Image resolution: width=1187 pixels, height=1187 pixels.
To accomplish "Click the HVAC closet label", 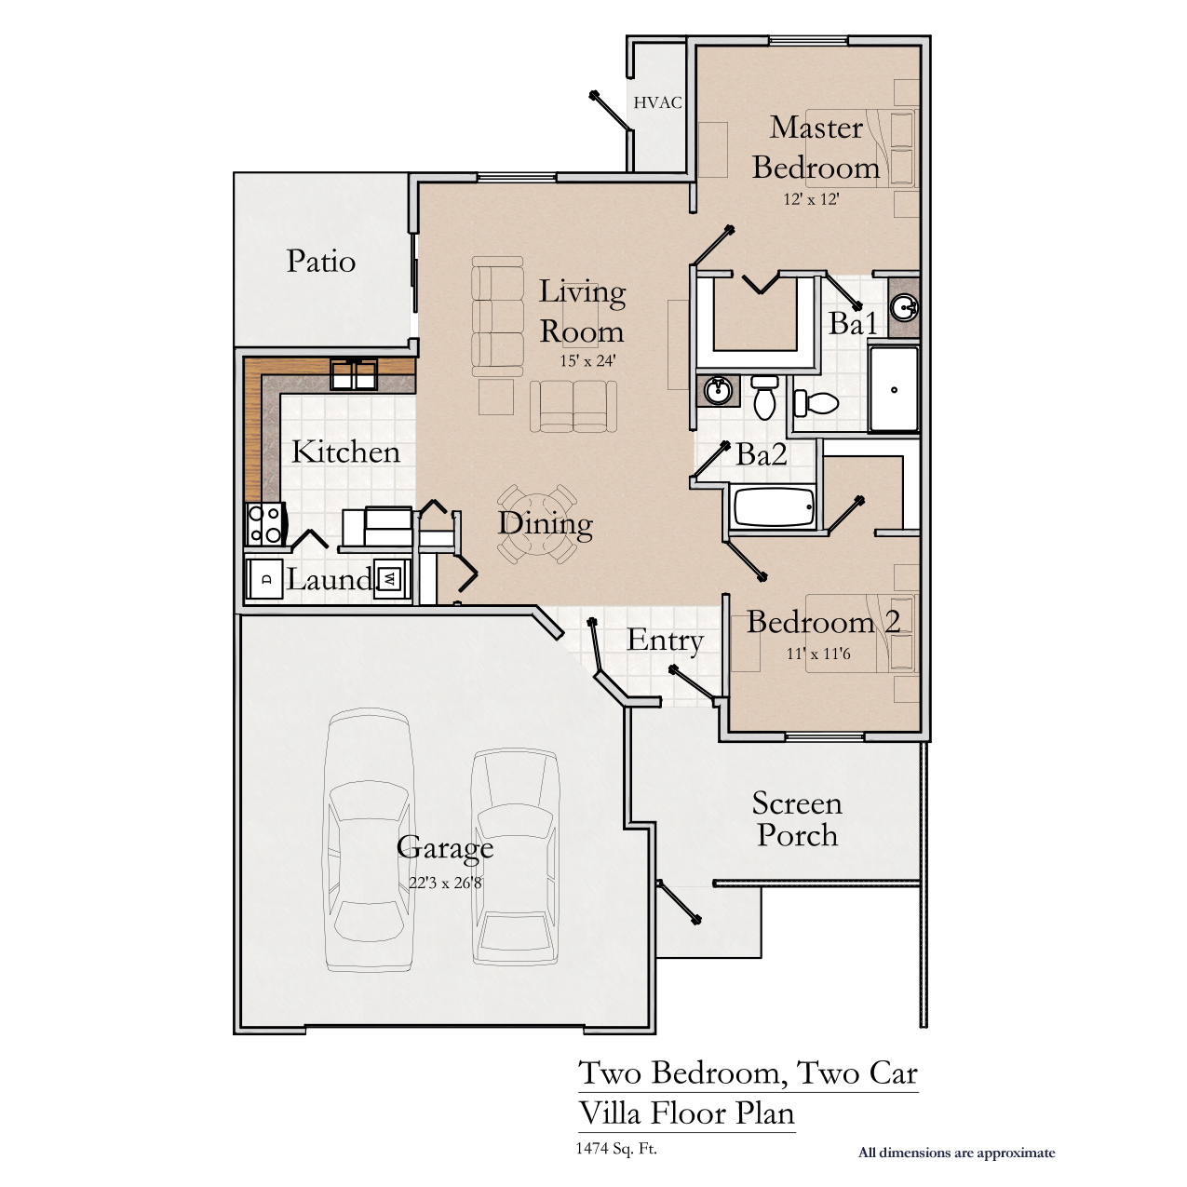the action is [657, 102].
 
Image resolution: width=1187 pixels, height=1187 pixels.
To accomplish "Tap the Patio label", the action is [321, 261].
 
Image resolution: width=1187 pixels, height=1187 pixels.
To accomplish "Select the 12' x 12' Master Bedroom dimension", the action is [812, 199].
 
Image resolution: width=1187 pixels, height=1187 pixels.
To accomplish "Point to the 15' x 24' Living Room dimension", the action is [587, 360].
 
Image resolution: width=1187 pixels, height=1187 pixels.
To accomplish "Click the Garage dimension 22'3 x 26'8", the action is [445, 882].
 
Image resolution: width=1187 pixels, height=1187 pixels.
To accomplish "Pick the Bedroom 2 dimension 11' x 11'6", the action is [818, 653].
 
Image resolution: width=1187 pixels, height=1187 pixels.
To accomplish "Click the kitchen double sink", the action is [354, 374].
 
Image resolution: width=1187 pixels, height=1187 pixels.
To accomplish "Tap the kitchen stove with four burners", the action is [265, 523].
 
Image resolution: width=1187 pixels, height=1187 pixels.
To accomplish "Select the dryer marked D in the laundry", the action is [265, 579].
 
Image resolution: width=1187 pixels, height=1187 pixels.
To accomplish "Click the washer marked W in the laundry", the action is [390, 579].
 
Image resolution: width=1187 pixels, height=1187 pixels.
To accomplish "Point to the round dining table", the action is [537, 524].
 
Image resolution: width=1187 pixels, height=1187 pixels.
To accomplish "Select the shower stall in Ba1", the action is [893, 389].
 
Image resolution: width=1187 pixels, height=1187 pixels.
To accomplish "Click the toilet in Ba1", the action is [816, 403].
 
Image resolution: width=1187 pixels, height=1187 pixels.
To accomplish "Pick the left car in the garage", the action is [367, 841].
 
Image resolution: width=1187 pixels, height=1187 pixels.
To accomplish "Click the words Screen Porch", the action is [797, 819].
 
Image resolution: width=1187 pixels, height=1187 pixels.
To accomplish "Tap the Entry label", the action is [666, 641].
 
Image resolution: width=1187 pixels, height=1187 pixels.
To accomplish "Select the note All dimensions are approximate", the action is [957, 1152].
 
